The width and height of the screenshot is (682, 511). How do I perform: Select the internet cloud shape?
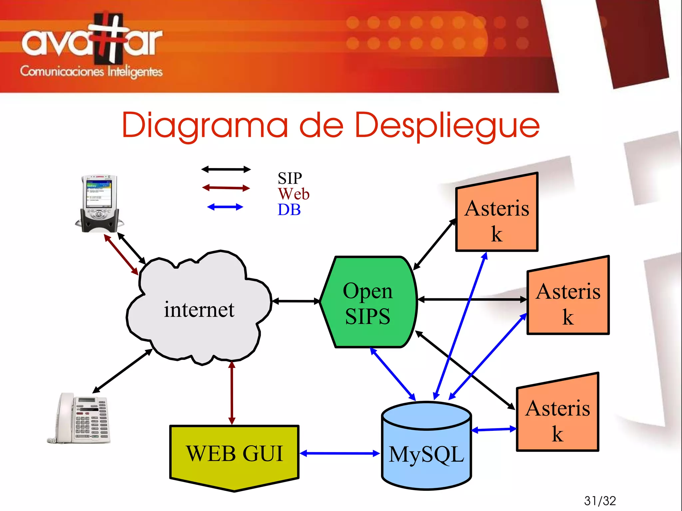click(x=199, y=309)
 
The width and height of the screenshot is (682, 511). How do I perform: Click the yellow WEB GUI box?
click(x=234, y=454)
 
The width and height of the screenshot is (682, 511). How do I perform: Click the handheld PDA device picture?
click(x=99, y=203)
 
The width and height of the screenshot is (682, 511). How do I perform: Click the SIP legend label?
click(x=290, y=178)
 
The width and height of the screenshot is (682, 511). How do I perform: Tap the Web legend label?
click(x=294, y=194)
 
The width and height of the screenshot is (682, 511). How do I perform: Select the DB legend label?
click(x=289, y=210)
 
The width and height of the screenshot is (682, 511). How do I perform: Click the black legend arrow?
click(x=226, y=169)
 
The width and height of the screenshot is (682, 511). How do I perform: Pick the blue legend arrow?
click(x=225, y=207)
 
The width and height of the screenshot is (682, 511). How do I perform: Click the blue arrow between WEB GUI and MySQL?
click(x=340, y=453)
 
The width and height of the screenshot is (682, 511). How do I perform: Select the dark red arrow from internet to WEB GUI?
click(x=232, y=393)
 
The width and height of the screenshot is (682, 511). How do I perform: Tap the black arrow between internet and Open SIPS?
click(x=296, y=301)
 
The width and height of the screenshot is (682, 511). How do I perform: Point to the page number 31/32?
click(x=600, y=501)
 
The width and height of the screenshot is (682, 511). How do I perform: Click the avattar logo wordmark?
click(x=92, y=42)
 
